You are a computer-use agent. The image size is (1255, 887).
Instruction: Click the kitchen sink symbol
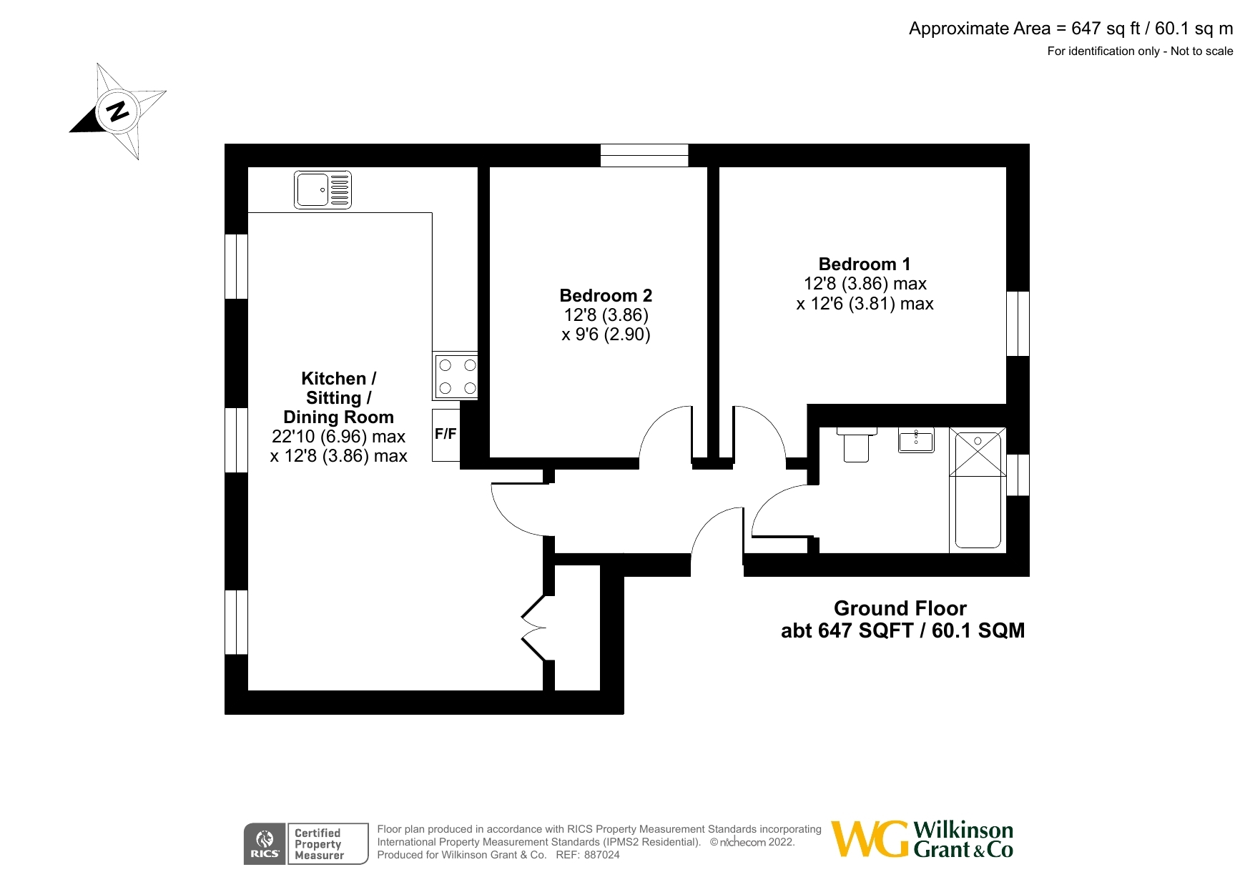(x=323, y=189)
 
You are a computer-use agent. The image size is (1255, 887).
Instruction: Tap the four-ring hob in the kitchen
(x=456, y=376)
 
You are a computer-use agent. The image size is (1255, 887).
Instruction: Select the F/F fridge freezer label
(x=446, y=434)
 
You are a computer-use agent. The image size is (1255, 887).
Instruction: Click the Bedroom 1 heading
(x=865, y=264)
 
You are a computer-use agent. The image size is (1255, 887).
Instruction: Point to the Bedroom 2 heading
(x=606, y=296)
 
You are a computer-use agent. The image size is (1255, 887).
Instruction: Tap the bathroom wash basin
(x=916, y=440)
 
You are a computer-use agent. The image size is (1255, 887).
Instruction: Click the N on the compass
(x=117, y=111)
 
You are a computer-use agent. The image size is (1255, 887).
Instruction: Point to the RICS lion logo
(x=265, y=838)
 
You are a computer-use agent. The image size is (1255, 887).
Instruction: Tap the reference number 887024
(x=602, y=855)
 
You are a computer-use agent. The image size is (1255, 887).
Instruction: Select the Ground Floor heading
(x=900, y=608)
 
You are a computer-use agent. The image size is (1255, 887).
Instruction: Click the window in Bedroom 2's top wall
(x=644, y=155)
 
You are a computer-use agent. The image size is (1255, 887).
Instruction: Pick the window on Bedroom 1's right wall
(x=1018, y=323)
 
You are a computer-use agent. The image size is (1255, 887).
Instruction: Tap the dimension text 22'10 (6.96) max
(x=338, y=437)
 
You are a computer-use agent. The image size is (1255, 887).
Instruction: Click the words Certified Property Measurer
(x=319, y=844)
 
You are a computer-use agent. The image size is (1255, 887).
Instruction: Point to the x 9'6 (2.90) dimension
(x=606, y=335)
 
